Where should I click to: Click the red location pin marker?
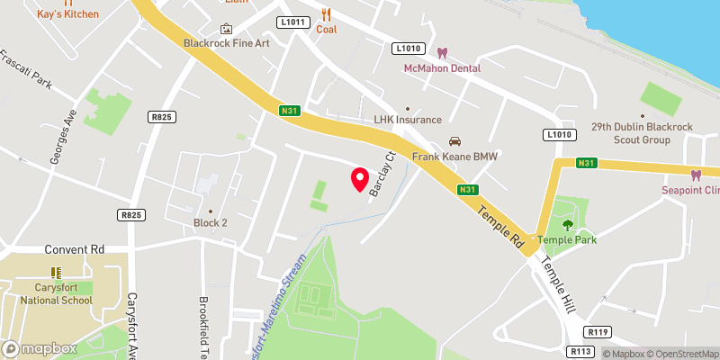(x=359, y=179)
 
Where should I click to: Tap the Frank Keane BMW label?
(x=454, y=156)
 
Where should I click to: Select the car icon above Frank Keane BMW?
(x=454, y=141)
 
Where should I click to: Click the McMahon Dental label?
(x=441, y=68)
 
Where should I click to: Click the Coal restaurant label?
(x=326, y=29)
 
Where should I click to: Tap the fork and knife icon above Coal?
(x=326, y=13)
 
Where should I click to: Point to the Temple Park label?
(x=567, y=239)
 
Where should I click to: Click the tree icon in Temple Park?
(x=567, y=225)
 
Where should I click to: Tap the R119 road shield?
(x=598, y=331)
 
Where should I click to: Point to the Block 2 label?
(x=211, y=223)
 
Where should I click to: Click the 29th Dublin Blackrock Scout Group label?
(x=643, y=134)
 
